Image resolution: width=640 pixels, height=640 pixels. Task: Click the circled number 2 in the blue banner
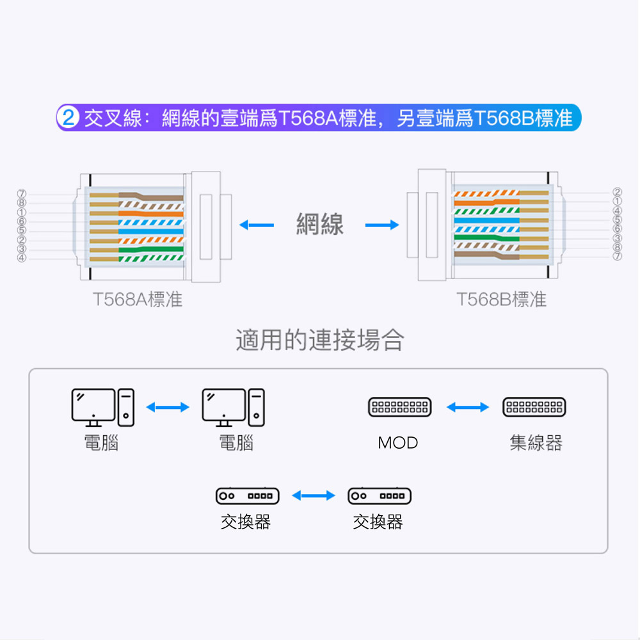click(68, 118)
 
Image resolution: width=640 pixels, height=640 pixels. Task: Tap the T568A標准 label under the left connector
click(138, 300)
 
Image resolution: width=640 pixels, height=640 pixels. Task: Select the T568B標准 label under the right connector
click(502, 300)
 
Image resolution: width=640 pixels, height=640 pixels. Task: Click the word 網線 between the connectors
click(320, 225)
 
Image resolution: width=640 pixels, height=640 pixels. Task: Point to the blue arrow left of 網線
click(257, 225)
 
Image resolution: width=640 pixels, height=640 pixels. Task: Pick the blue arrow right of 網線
click(382, 225)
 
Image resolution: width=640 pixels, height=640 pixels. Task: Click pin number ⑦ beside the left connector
click(22, 193)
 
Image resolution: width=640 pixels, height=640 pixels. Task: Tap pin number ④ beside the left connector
click(22, 258)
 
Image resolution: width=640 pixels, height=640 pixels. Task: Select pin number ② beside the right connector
click(617, 192)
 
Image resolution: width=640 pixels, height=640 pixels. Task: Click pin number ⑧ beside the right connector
click(617, 247)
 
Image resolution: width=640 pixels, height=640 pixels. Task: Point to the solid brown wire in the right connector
click(486, 256)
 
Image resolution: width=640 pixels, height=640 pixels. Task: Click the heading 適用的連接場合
click(320, 340)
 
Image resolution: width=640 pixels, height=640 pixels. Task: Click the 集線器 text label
click(536, 442)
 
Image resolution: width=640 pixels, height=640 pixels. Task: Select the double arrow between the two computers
click(168, 407)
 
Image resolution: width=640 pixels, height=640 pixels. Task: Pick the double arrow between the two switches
click(314, 495)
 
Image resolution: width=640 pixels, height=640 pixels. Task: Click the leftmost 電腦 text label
click(102, 442)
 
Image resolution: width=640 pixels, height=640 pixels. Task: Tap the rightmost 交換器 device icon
click(379, 495)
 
